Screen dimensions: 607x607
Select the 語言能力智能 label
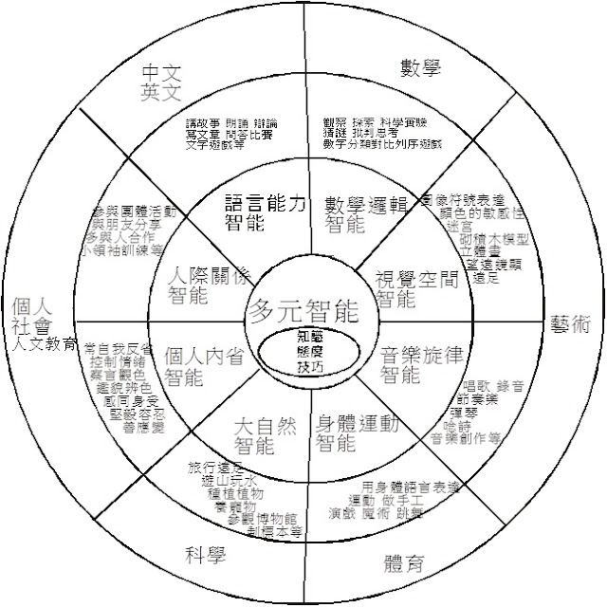(267, 213)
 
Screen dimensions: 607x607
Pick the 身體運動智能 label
(356, 432)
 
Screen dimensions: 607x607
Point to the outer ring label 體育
(403, 566)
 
